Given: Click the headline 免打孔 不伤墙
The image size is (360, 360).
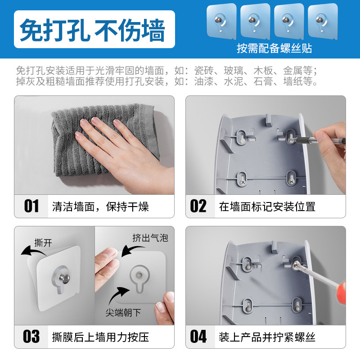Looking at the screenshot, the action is click(x=92, y=30).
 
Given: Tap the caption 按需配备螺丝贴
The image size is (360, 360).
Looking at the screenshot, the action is click(x=274, y=49).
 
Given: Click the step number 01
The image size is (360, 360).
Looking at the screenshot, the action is click(x=31, y=206).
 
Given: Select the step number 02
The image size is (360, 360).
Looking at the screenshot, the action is click(x=198, y=206).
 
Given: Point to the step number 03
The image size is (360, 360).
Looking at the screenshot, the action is click(x=31, y=337).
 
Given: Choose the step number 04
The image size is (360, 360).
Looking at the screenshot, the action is click(x=198, y=337).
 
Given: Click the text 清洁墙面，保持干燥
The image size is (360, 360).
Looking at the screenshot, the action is click(x=100, y=207).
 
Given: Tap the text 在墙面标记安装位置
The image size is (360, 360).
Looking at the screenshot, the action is click(x=267, y=207).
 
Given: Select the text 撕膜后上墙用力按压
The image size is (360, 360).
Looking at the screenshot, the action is click(x=100, y=337).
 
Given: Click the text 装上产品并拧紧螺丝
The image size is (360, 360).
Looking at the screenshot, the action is click(x=267, y=337).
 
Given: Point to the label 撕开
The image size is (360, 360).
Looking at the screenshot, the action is click(x=43, y=243).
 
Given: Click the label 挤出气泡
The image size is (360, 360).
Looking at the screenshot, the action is click(x=150, y=238).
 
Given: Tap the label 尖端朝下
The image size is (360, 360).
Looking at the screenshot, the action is click(x=123, y=312).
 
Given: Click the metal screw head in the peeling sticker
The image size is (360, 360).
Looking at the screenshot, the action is click(x=64, y=278).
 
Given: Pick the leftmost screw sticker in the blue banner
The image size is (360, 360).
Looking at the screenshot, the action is click(x=221, y=21).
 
